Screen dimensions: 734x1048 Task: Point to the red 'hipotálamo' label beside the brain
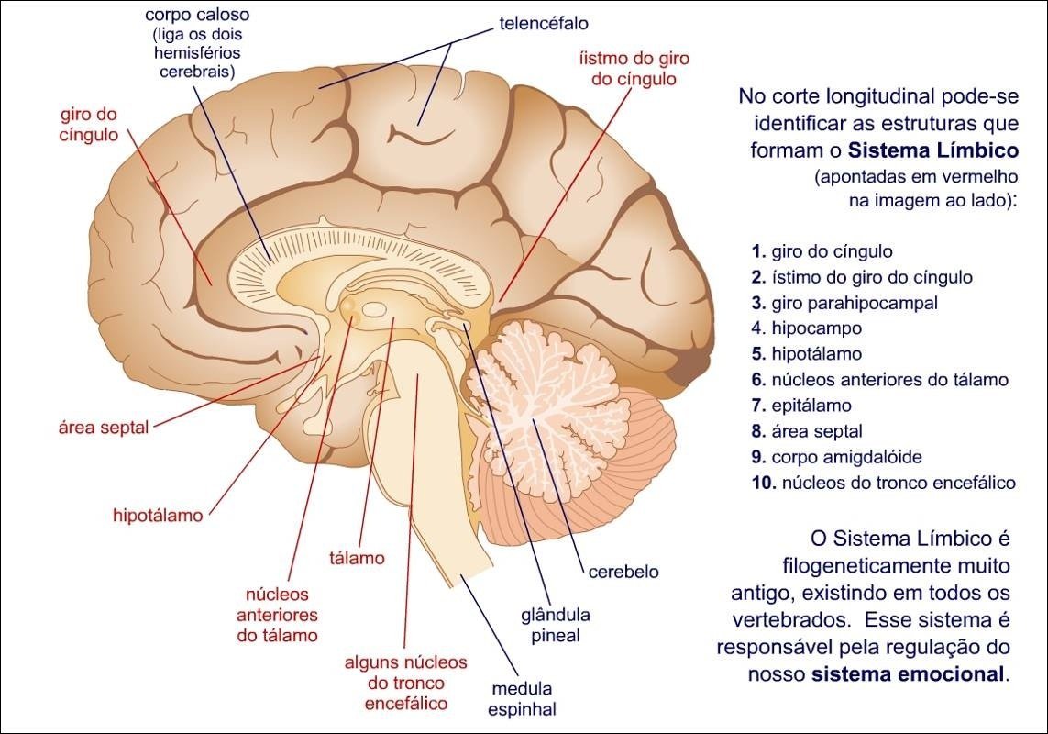click(x=158, y=515)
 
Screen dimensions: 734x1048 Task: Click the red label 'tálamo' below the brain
click(x=356, y=558)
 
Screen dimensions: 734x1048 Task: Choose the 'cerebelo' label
click(x=623, y=572)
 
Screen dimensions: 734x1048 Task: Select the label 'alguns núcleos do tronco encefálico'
click(x=405, y=683)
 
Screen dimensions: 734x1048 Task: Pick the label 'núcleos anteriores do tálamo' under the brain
click(x=277, y=614)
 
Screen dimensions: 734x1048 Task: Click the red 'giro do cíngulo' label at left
click(x=89, y=125)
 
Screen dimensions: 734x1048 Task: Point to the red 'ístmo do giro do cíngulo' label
click(x=634, y=68)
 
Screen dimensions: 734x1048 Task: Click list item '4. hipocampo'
click(x=806, y=328)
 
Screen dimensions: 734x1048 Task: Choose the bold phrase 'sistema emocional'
click(x=909, y=674)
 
